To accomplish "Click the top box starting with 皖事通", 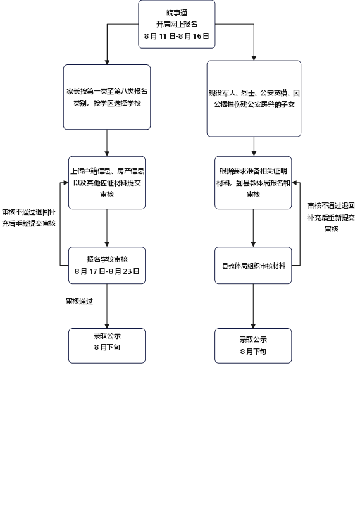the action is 177,25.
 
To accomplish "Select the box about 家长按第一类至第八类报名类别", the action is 107,97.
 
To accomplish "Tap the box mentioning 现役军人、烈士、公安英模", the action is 254,99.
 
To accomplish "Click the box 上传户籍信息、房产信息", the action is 107,183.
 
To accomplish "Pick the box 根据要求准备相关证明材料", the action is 253,183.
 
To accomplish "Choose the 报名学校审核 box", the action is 107,265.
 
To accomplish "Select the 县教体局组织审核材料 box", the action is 253,265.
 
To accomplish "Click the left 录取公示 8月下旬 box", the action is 107,346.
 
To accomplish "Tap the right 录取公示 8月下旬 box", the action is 253,346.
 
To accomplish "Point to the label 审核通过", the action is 80,301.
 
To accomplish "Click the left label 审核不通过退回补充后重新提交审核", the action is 29,218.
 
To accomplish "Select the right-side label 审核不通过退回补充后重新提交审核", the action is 331,217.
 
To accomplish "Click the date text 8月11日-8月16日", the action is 177,36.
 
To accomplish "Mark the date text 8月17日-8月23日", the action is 107,271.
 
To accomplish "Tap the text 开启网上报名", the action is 177,24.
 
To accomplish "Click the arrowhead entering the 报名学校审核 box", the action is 107,245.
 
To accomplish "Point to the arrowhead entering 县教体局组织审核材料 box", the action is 253,245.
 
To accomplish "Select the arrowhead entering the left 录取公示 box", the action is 107,326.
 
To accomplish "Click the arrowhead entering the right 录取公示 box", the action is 253,326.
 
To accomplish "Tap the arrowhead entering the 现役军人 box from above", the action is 254,58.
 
